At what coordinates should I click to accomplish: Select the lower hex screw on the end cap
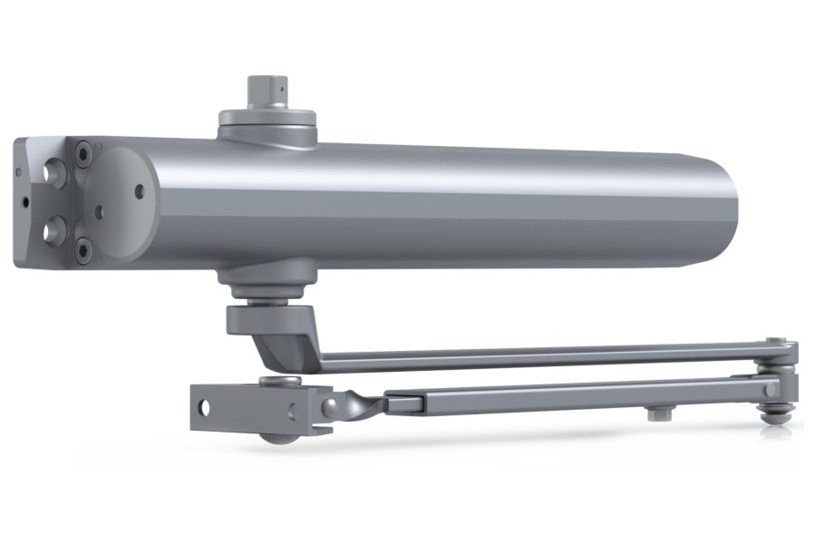click(x=83, y=246)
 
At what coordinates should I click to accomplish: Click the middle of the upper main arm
click(x=544, y=356)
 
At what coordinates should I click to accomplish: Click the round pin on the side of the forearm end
click(x=771, y=389)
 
